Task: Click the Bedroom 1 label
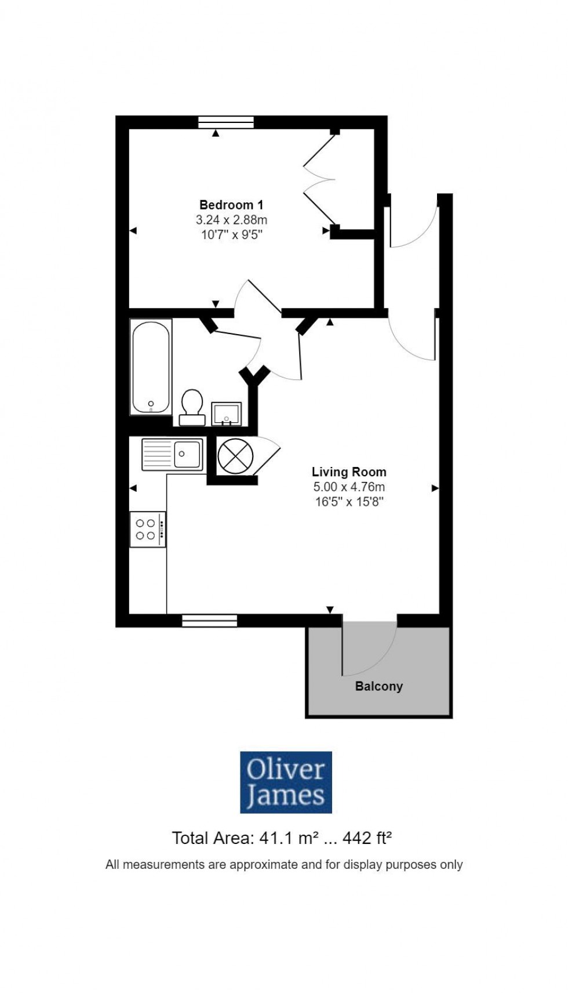click(231, 205)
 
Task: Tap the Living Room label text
click(349, 472)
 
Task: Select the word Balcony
click(378, 686)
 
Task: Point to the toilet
click(192, 407)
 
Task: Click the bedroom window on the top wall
click(226, 122)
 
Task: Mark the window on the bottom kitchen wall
click(210, 621)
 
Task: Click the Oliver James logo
click(286, 782)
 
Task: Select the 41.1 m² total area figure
click(284, 838)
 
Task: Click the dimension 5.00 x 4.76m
click(349, 487)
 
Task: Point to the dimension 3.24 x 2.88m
click(231, 220)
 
